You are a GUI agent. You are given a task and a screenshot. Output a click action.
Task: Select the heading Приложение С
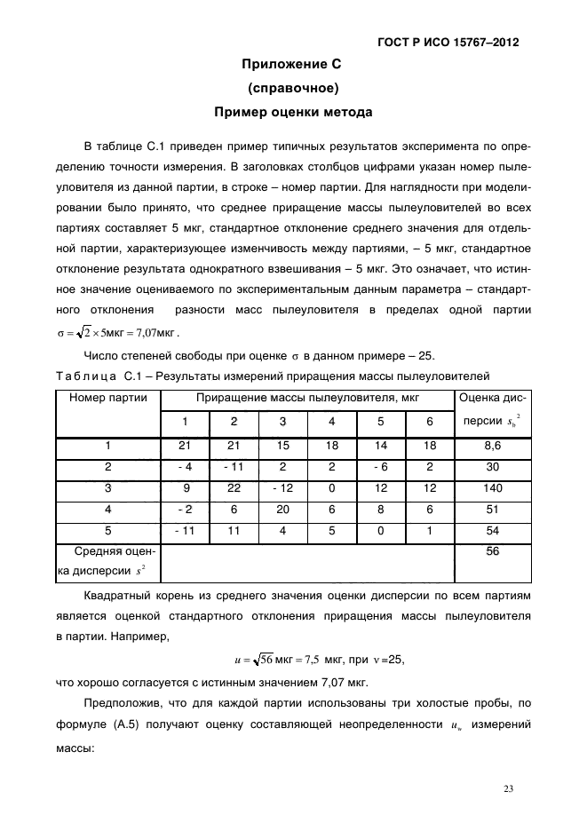click(x=292, y=65)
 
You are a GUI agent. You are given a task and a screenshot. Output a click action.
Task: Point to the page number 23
click(x=509, y=787)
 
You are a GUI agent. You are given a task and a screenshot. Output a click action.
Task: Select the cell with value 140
click(x=493, y=488)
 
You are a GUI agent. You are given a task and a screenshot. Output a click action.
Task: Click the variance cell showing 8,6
click(x=493, y=446)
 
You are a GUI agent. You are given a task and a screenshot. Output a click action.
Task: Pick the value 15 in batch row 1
click(x=282, y=446)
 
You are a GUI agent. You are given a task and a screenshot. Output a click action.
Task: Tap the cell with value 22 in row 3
click(x=234, y=488)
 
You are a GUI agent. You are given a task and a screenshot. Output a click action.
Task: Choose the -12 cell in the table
click(x=282, y=488)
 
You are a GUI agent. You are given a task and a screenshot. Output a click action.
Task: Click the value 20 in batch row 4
click(x=282, y=510)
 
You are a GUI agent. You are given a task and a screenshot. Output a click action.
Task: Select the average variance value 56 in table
click(x=493, y=551)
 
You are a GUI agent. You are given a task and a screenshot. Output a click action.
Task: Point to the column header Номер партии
click(x=108, y=398)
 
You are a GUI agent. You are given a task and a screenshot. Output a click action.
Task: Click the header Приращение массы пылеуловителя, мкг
click(x=307, y=398)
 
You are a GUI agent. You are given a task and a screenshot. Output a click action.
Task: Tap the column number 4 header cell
click(x=331, y=421)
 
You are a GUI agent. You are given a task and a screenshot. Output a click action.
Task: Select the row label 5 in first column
click(x=108, y=531)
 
